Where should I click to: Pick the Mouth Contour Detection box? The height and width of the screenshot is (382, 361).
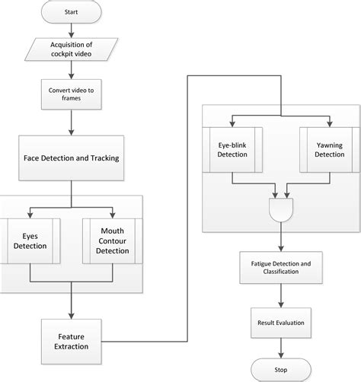[111, 241]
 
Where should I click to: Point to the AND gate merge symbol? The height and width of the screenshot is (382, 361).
[280, 209]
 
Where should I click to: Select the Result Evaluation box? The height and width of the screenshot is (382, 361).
[281, 323]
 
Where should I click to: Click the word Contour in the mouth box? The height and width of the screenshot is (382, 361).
[111, 241]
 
